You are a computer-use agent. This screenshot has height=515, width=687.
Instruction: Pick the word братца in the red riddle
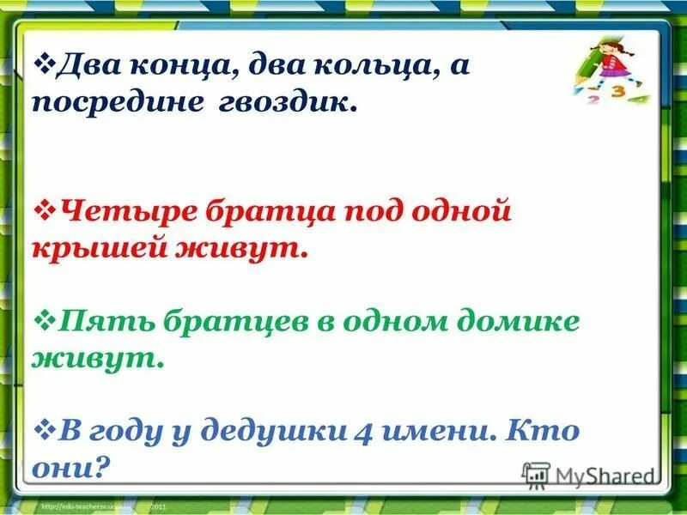click(x=260, y=211)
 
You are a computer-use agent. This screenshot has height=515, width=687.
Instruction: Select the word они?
click(x=73, y=469)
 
